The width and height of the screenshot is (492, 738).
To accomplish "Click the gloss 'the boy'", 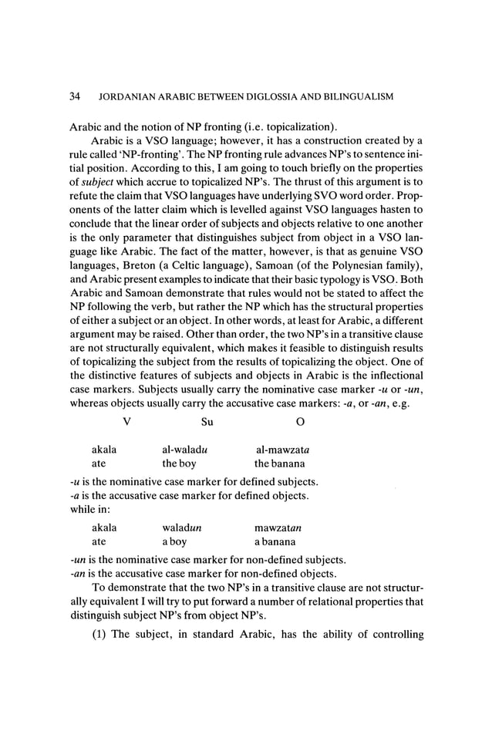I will click(179, 464).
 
